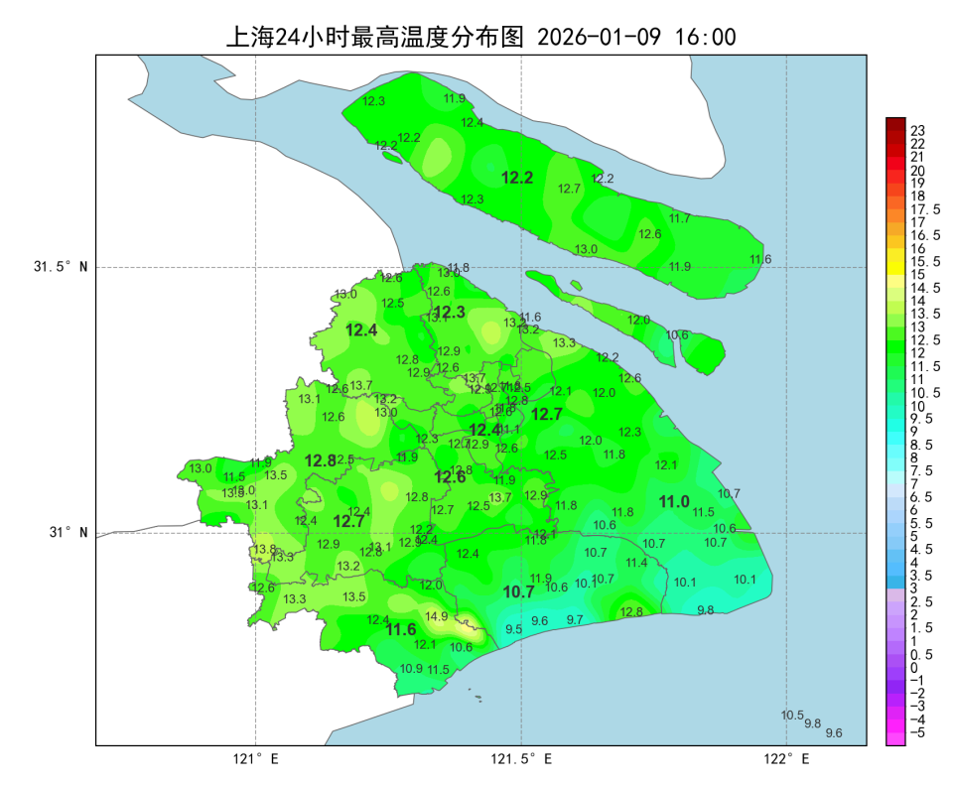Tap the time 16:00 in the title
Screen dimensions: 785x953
pyautogui.click(x=705, y=37)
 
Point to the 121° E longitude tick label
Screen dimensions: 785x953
pyautogui.click(x=256, y=759)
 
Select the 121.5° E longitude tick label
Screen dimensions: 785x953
pyautogui.click(x=521, y=759)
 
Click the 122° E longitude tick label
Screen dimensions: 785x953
pyautogui.click(x=787, y=759)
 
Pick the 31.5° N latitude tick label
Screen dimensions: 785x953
pyautogui.click(x=61, y=267)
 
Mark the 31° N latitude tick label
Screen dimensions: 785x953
pyautogui.click(x=68, y=533)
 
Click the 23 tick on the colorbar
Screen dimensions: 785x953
pyautogui.click(x=918, y=131)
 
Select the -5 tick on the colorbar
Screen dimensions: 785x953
pyautogui.click(x=918, y=732)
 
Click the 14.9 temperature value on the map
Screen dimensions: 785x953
pyautogui.click(x=437, y=616)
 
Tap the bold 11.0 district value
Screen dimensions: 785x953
pyautogui.click(x=674, y=502)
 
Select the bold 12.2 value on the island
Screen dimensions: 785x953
pyautogui.click(x=517, y=178)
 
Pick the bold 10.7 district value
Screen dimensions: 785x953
pyautogui.click(x=518, y=591)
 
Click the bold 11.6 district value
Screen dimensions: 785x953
pyautogui.click(x=401, y=629)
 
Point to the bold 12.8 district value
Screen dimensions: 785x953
pyautogui.click(x=320, y=460)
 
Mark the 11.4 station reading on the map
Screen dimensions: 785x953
pyautogui.click(x=636, y=563)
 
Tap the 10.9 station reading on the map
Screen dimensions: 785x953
pyautogui.click(x=411, y=668)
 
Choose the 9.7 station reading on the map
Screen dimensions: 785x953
pyautogui.click(x=575, y=619)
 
